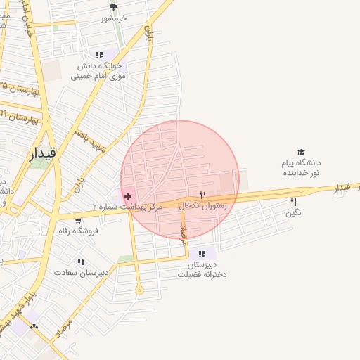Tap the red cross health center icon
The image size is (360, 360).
(127, 195)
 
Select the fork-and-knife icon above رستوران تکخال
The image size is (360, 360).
(202, 195)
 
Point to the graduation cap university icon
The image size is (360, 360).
(301, 152)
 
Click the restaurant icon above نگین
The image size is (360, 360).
(293, 202)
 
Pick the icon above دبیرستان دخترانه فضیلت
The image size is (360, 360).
(202, 254)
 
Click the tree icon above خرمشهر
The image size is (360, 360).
(113, 8)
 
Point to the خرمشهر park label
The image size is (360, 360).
(113, 18)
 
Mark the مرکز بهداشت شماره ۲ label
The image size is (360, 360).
(127, 207)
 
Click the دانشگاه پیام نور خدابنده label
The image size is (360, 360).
(301, 167)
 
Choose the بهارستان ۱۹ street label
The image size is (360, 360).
(20, 117)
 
